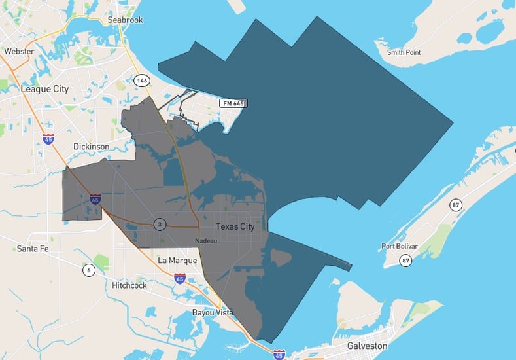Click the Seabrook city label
click(126, 20)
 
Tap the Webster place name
click(18, 50)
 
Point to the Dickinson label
click(91, 147)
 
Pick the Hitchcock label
click(129, 285)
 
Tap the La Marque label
click(177, 260)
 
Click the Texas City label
click(235, 226)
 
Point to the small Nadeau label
click(205, 240)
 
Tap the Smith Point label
click(404, 52)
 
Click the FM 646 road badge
click(233, 103)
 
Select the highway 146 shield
click(142, 80)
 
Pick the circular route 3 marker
click(160, 224)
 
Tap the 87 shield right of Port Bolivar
click(456, 206)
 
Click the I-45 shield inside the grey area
click(95, 198)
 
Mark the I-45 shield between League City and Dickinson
click(48, 139)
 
